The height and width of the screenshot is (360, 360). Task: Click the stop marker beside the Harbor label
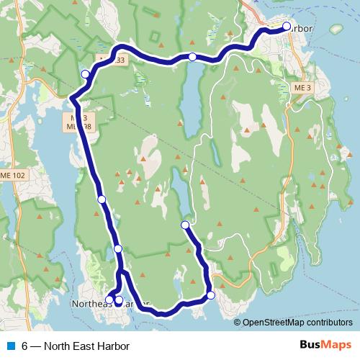(x=286, y=27)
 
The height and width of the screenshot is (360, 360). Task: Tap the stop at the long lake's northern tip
(x=192, y=57)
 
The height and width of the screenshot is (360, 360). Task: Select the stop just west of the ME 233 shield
(x=86, y=74)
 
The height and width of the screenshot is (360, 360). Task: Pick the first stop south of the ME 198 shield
(x=102, y=199)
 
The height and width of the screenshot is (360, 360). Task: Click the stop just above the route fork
(x=118, y=249)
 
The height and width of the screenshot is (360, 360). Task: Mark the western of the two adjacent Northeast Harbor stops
(x=109, y=300)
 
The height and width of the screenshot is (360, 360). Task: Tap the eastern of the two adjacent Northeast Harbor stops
(x=119, y=300)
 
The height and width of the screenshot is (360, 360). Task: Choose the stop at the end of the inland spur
(x=185, y=225)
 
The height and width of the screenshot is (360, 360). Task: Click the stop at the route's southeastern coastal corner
(x=211, y=295)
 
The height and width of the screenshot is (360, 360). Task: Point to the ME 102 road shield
(x=10, y=176)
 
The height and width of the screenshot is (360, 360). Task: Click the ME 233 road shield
(x=114, y=60)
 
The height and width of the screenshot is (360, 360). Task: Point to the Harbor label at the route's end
(x=302, y=27)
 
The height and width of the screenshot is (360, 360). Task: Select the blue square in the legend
(x=11, y=346)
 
